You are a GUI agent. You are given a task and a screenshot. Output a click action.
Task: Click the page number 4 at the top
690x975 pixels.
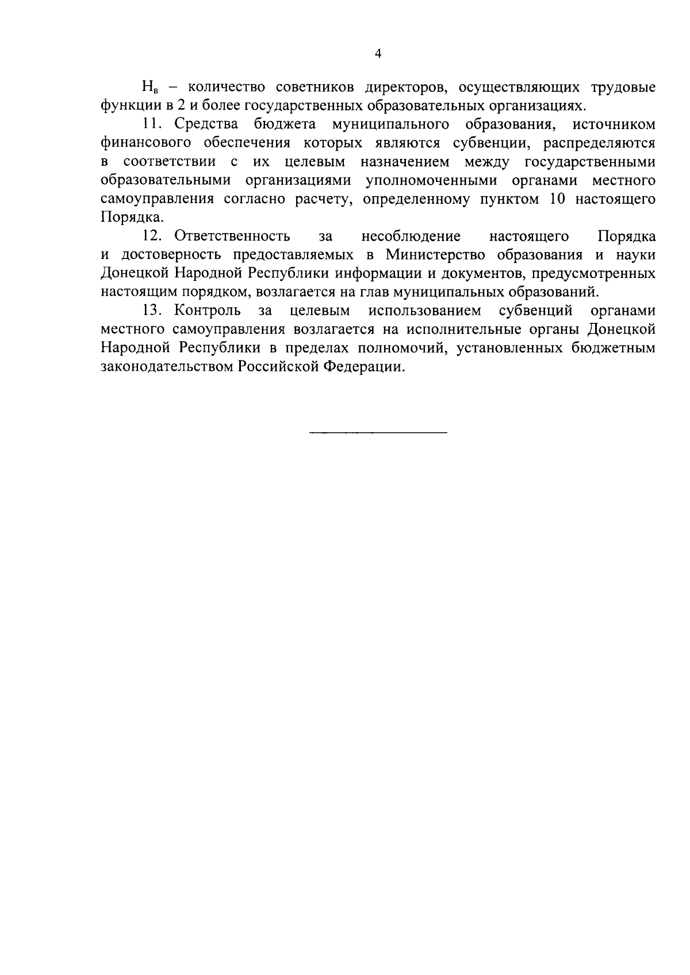tap(378, 54)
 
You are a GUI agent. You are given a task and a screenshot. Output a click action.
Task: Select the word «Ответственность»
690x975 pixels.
tap(232, 236)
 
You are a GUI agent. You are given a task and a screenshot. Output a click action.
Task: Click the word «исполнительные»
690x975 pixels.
tap(465, 330)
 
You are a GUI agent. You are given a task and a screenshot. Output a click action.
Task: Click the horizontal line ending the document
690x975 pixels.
tap(378, 432)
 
